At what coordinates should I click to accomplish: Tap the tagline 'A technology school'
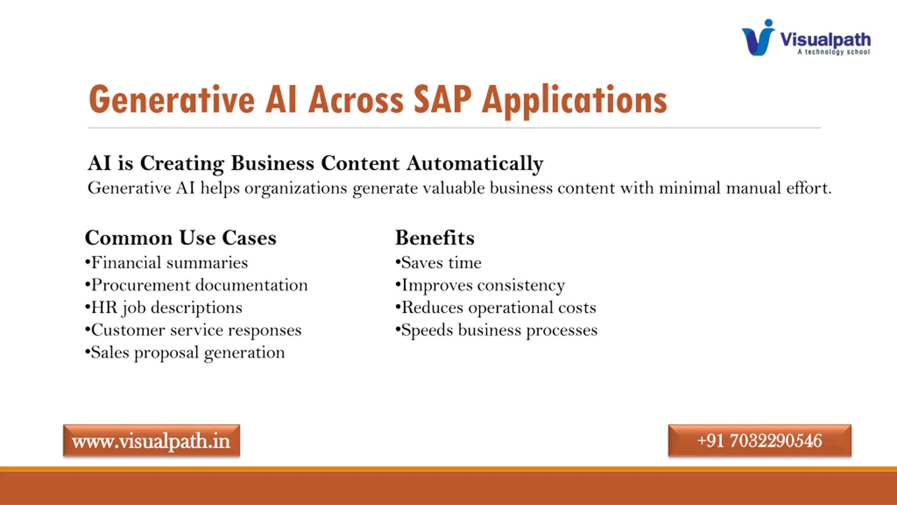(834, 52)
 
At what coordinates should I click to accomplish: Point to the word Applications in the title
(574, 102)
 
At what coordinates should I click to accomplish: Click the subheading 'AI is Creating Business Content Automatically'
(315, 164)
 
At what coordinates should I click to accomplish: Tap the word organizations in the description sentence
(296, 188)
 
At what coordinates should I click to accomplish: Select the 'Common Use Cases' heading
(181, 238)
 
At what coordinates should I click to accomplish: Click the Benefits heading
(435, 238)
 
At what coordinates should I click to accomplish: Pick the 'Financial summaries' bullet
(166, 263)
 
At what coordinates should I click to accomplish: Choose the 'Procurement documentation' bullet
(196, 285)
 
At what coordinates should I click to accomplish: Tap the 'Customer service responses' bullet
(193, 330)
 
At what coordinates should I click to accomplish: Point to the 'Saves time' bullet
(438, 263)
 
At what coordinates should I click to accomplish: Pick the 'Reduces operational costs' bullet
(496, 308)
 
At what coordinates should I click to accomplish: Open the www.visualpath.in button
(151, 440)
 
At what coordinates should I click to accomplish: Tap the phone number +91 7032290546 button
(760, 440)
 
